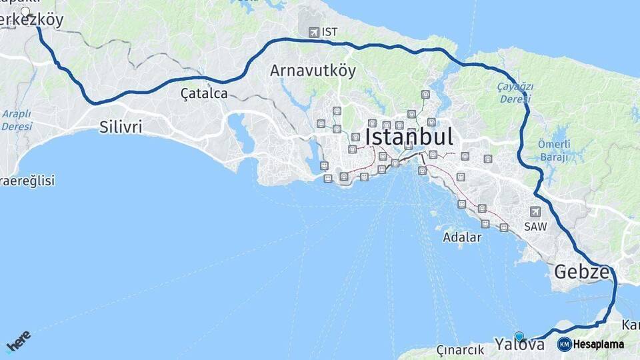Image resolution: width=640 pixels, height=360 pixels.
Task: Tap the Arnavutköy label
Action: (313, 71)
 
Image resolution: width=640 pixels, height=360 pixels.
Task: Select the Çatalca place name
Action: (204, 94)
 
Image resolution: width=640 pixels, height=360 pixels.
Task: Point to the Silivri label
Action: (121, 127)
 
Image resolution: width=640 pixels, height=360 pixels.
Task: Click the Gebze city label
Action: (581, 273)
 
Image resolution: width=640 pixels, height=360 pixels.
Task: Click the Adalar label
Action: (462, 237)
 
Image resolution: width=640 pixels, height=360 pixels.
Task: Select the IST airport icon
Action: (313, 32)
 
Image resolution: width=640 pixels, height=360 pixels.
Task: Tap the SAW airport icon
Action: (535, 212)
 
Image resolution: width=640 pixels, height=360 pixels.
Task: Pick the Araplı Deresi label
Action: (17, 119)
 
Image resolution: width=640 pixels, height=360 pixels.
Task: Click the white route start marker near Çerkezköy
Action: (26, 11)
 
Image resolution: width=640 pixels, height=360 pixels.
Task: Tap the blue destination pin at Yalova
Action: (519, 337)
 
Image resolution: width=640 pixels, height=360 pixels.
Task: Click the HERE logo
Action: (18, 341)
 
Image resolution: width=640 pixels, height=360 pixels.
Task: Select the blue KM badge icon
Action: (564, 345)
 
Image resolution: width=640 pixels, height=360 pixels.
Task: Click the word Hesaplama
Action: (599, 345)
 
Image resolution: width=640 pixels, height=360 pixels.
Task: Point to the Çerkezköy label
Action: (32, 21)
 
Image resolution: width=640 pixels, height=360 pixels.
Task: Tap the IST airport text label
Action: (329, 32)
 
